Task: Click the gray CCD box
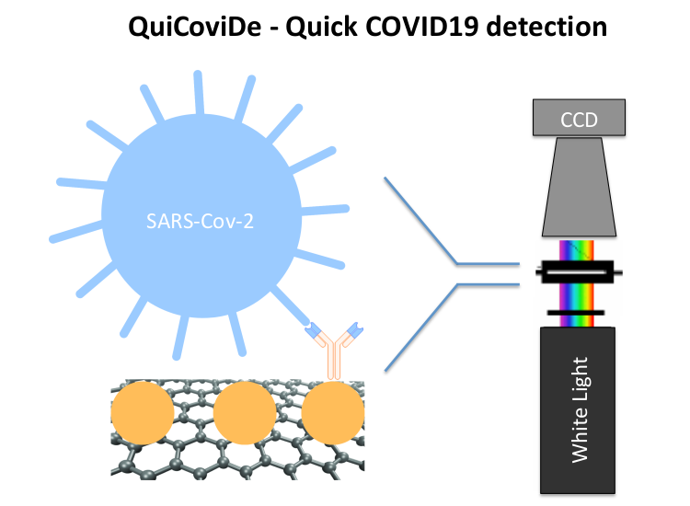[579, 116]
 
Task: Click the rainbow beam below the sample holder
[579, 297]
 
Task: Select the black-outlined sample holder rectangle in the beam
[579, 271]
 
